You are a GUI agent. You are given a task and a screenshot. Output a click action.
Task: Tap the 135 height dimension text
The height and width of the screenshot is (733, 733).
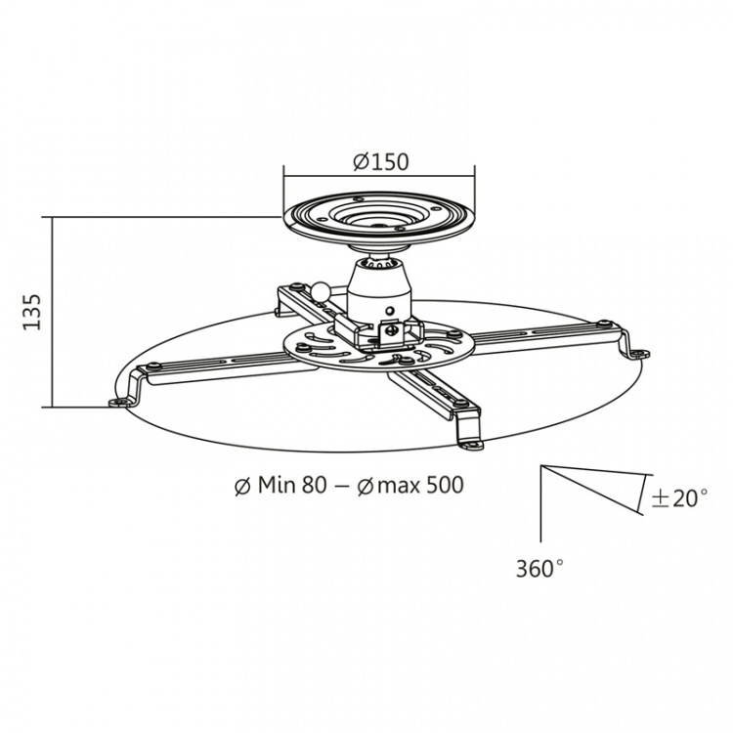coord(31,311)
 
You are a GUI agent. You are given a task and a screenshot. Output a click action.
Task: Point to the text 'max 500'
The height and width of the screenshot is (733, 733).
coord(418,486)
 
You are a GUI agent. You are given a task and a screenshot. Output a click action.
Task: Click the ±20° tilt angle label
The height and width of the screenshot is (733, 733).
coord(678,497)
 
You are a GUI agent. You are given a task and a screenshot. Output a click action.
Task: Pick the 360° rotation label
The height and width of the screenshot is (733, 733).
coord(539,566)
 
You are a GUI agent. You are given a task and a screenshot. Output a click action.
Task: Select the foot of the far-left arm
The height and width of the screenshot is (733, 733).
coord(119,400)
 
